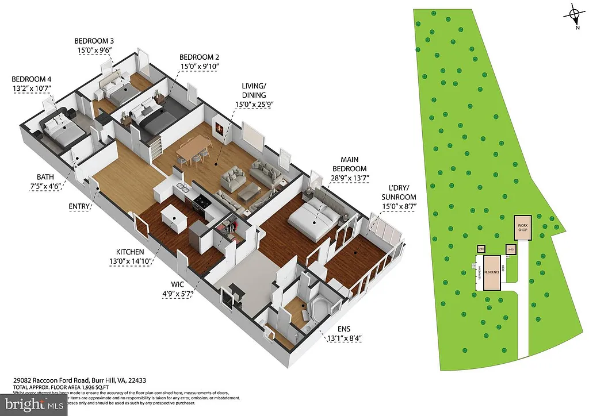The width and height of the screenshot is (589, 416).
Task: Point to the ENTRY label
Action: (x=79, y=205)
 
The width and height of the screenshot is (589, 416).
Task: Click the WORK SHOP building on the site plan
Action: (x=522, y=228)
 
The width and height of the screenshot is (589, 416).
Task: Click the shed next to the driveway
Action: (x=510, y=249)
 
